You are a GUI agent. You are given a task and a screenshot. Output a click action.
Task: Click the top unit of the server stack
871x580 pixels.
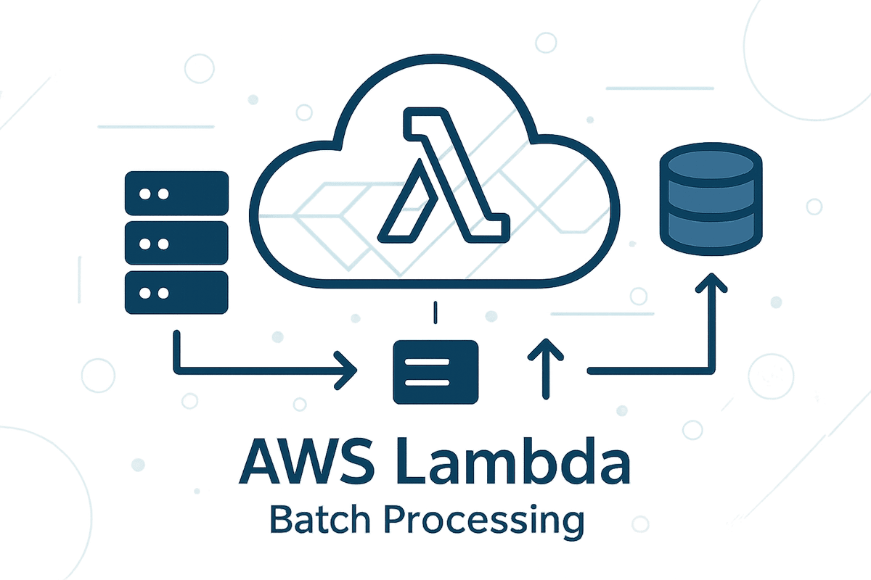176,194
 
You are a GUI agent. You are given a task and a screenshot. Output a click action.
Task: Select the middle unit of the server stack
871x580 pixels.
176,244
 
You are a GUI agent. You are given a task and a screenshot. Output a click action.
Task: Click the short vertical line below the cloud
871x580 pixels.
434,313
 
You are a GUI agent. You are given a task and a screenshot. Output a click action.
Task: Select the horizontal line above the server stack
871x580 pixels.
155,127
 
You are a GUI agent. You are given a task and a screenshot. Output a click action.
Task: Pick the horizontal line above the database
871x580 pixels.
660,88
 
